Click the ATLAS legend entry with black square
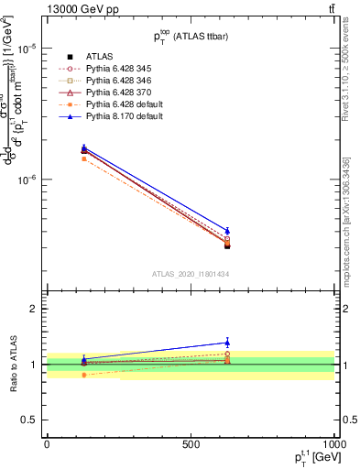pos(102,57)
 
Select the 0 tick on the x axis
pos(47,443)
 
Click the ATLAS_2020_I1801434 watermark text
pos(190,275)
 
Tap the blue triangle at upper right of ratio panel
pos(226,343)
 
